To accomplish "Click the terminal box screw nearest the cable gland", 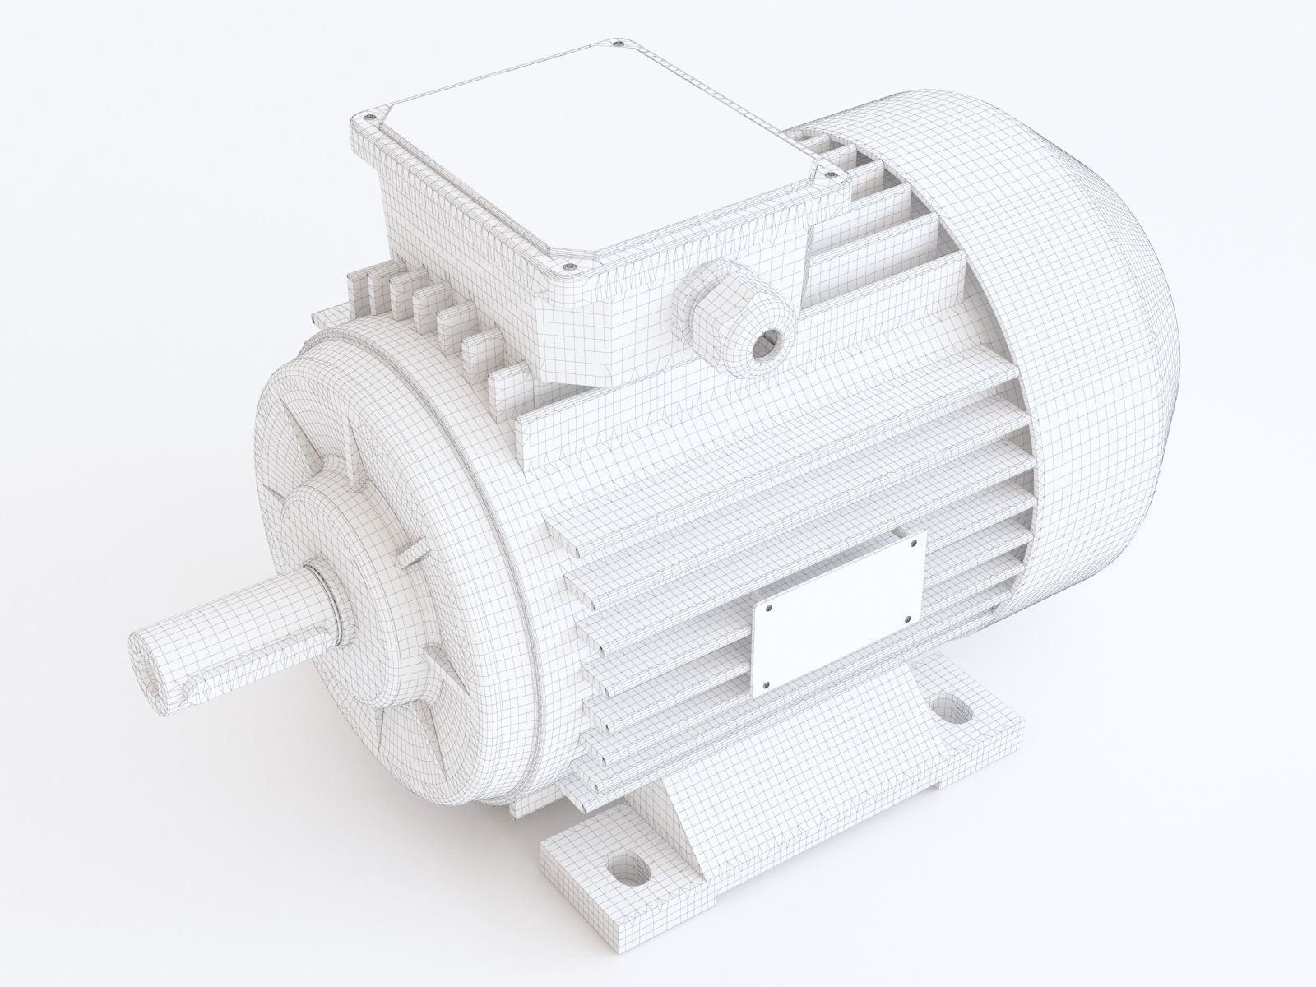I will pos(569,266).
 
